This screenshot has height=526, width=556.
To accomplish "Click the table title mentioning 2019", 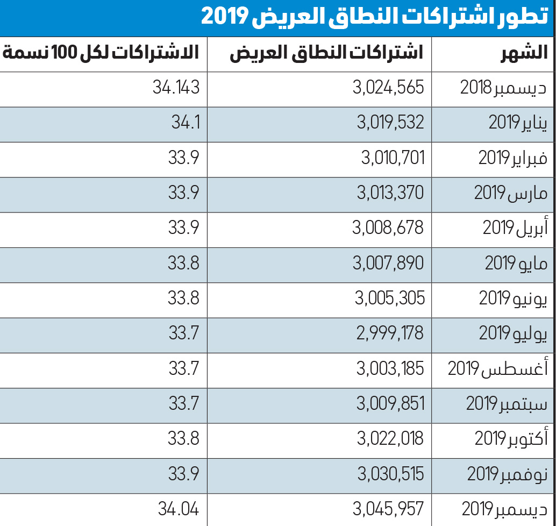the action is point(374,16).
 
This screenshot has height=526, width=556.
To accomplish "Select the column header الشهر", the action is point(524,53).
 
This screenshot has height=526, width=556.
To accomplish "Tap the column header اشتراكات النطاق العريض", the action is point(326,53).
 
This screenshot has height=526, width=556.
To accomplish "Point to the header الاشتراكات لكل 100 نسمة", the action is point(101,53).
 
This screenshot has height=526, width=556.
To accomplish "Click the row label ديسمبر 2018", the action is point(503,87).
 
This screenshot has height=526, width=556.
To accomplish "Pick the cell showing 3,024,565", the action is point(388,87).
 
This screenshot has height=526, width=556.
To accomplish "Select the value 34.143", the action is point(176,87).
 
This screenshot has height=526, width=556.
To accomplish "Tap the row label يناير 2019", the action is point(518,123).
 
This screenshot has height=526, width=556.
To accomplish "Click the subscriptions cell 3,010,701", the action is point(393,158).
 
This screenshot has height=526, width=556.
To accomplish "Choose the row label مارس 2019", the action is point(511,193).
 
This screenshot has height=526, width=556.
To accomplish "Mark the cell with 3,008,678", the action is point(388,228).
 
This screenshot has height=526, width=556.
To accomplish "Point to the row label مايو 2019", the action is point(516,263).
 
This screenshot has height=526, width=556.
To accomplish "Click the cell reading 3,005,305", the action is point(390,298).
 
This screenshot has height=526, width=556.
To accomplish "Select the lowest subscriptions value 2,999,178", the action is point(390,333).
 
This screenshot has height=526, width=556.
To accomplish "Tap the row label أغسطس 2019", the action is point(497,368).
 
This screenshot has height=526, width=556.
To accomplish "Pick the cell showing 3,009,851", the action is point(390,403).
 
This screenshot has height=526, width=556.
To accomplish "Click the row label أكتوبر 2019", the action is point(511,438).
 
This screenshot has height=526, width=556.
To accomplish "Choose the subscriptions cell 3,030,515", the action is point(391,474).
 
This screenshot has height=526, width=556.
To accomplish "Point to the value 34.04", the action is point(179,509).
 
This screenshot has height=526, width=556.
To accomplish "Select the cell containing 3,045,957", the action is point(388,509).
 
